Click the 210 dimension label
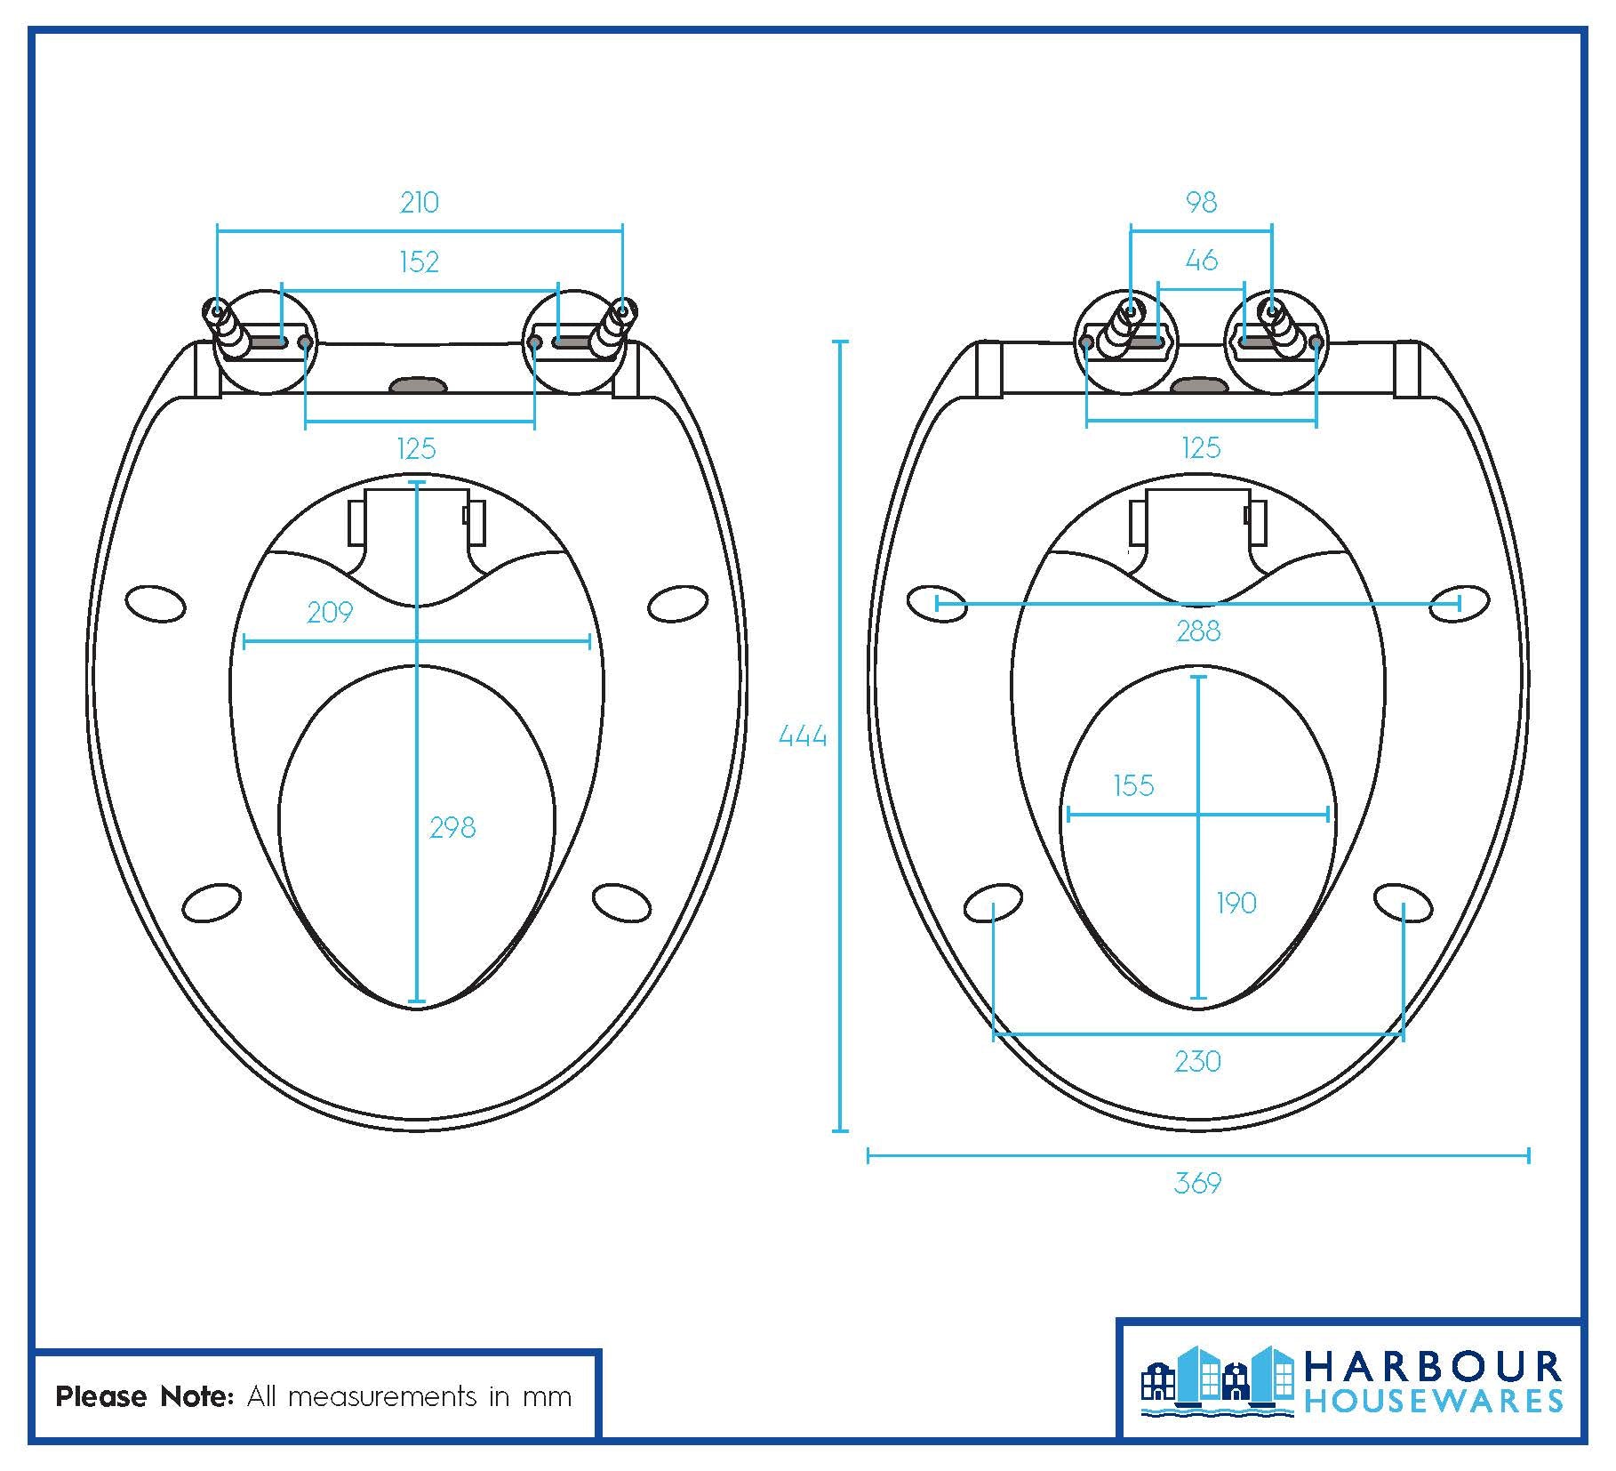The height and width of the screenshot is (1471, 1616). pos(419,203)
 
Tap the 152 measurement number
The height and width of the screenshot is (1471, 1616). pos(419,261)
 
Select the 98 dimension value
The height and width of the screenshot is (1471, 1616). pos(1201,203)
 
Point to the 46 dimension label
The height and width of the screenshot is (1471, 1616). pos(1201,261)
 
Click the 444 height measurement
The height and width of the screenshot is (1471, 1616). pos(802,735)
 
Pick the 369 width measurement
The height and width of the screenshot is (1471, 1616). pos(1197,1183)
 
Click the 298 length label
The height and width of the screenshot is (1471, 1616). pos(452,828)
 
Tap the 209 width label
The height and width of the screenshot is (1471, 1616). pos(330,612)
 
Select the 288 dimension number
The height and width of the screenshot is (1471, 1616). pos(1197,631)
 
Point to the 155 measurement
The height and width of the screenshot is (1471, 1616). pos(1133,786)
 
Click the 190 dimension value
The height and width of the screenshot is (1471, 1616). pos(1236,904)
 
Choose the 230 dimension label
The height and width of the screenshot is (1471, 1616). pos(1197,1061)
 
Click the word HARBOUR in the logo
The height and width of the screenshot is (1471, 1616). pos(1433,1368)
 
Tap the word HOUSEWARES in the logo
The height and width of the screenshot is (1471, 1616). pos(1433,1403)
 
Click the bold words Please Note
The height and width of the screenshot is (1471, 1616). pos(145,1396)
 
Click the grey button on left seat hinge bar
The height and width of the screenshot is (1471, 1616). pos(418,385)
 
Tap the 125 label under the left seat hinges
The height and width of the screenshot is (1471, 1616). pos(416,448)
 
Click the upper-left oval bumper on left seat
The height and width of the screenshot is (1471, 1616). pos(156,604)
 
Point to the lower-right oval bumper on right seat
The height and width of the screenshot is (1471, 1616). pos(1403,902)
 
